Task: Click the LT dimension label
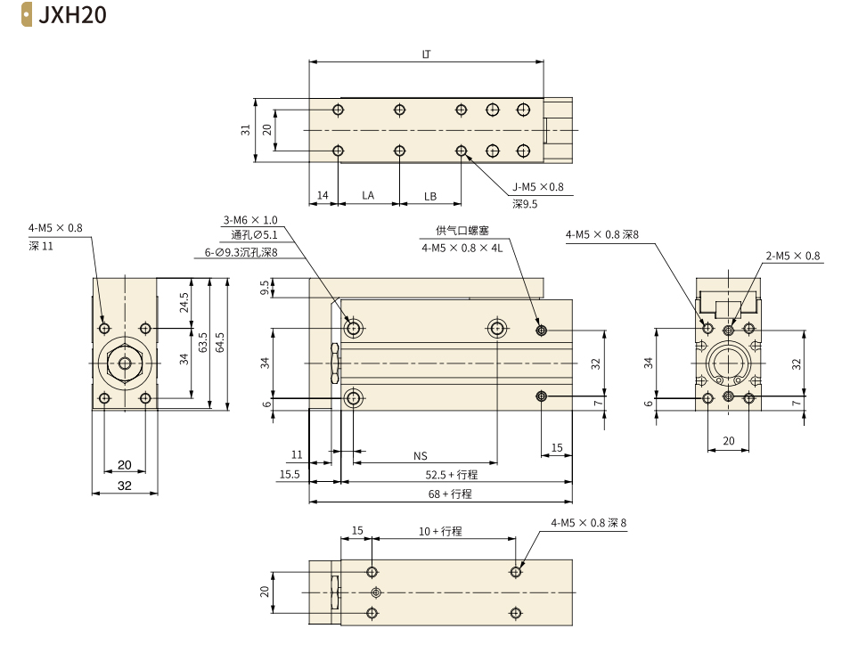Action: (x=426, y=54)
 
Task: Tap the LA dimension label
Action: (x=367, y=195)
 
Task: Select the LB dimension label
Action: (x=429, y=195)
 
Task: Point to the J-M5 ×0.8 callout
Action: (x=538, y=188)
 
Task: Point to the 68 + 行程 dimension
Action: (x=449, y=494)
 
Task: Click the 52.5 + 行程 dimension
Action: (x=449, y=475)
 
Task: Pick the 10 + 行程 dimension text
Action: (x=441, y=531)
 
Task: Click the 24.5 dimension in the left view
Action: (x=183, y=303)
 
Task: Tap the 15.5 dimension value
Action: (x=290, y=475)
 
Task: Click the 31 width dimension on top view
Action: (x=246, y=130)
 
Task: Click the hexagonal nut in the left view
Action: (x=125, y=363)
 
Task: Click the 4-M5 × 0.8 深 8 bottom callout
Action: (x=589, y=524)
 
